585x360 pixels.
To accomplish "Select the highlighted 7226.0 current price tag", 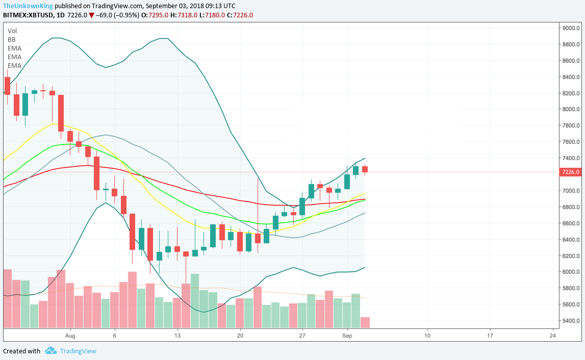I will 570,172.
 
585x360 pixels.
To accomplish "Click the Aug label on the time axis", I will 70,336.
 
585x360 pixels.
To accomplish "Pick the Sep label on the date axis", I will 347,336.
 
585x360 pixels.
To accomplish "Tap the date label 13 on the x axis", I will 177,336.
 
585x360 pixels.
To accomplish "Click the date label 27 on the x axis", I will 302,336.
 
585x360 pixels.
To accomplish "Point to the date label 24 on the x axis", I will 552,336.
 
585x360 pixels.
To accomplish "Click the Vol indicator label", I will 12,31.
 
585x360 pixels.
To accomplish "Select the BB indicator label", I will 11,39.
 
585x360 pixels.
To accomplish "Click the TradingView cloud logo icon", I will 50,351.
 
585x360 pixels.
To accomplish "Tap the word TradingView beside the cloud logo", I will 78,351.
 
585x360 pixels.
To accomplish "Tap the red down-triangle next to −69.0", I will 91,15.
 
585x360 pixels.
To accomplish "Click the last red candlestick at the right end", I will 365,169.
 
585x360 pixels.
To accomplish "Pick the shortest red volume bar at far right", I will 365,322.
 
